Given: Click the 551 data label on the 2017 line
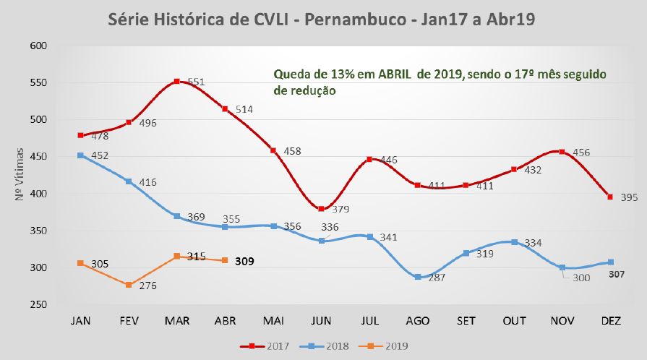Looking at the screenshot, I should (x=196, y=82).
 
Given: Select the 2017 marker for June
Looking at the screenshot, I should (x=320, y=208).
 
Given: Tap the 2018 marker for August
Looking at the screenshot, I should (x=417, y=277).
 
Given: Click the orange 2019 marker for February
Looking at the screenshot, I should (x=129, y=285).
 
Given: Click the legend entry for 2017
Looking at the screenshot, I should (x=265, y=346).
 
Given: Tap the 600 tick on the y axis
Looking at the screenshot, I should (x=37, y=46).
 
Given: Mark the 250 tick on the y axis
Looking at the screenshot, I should (x=37, y=305).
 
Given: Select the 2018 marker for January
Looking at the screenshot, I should (x=80, y=155).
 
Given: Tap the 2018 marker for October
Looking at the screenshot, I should (x=514, y=242).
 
